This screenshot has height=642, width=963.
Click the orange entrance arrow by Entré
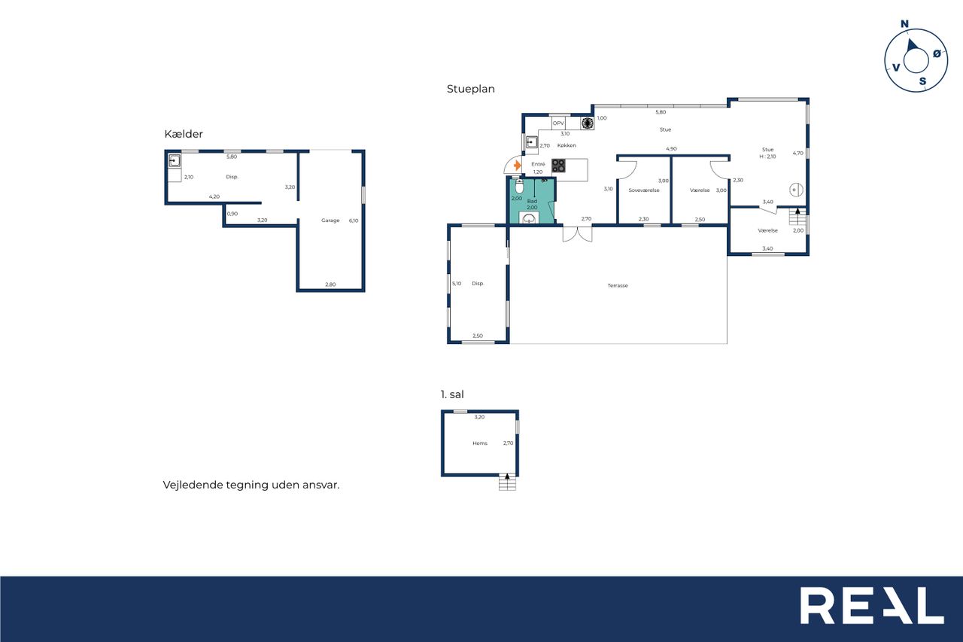518,165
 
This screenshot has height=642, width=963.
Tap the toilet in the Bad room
519,187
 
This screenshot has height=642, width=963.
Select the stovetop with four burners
558,166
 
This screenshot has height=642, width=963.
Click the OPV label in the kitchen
558,123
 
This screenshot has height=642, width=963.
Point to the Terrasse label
618,285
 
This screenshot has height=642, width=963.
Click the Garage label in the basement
330,221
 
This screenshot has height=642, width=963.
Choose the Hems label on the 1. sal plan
480,443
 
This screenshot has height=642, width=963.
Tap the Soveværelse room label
643,190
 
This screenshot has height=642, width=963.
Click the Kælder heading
184,134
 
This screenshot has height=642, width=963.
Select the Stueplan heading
471,89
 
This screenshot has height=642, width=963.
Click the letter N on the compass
904,24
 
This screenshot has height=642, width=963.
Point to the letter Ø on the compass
937,53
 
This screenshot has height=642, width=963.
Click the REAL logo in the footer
872,605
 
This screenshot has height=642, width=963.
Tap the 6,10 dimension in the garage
354,221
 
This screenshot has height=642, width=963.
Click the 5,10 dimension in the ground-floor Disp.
457,284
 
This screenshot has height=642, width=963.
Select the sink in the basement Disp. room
175,161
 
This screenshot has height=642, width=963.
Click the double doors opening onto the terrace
577,233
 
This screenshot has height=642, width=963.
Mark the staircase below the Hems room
507,482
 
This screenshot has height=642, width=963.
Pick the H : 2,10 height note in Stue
767,157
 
